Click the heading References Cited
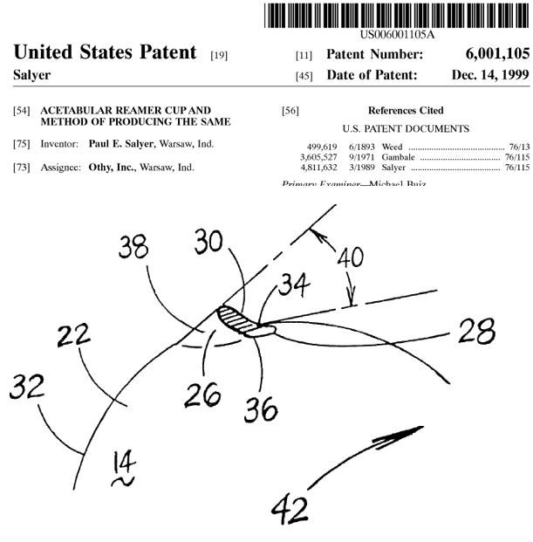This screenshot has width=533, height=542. click(406, 111)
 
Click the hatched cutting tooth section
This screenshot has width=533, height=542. click(234, 318)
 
